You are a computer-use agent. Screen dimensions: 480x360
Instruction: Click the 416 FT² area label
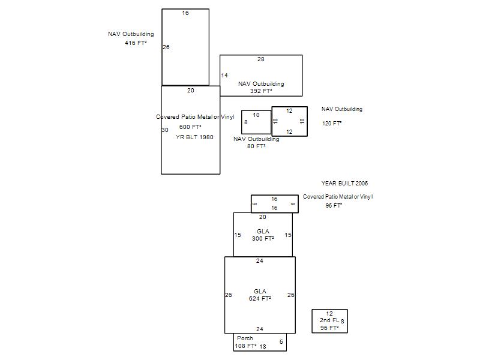pos(136,43)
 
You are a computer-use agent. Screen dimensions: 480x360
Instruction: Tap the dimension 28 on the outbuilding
pos(261,59)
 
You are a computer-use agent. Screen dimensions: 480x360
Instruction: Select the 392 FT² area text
pos(261,91)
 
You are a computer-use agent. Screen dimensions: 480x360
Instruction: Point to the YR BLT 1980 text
pos(194,137)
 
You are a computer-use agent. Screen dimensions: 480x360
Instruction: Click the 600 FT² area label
pos(190,127)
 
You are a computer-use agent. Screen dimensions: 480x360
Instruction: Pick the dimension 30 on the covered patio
pos(165,130)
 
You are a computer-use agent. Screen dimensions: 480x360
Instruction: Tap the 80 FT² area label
pos(256,146)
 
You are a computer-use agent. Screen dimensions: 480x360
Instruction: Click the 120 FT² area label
pos(332,124)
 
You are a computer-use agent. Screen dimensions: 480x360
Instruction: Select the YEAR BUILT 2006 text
pos(344,184)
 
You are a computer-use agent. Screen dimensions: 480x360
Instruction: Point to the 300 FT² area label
pos(263,238)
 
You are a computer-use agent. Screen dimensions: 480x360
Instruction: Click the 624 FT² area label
pos(260,298)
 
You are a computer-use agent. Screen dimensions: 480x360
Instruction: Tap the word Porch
pos(245,338)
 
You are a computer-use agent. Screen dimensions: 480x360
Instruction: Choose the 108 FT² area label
pos(246,346)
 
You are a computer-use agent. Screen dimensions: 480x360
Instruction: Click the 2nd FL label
pos(329,320)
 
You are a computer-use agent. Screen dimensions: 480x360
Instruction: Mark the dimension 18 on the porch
pos(263,347)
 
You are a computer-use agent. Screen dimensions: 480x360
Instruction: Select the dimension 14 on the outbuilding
pos(224,76)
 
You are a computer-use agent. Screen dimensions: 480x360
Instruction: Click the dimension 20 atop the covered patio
pos(191,91)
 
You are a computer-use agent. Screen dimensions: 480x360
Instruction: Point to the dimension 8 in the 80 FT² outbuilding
pos(246,122)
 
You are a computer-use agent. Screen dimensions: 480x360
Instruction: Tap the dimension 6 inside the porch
pos(281,341)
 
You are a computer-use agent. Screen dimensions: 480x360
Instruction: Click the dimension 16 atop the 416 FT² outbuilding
pos(185,13)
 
